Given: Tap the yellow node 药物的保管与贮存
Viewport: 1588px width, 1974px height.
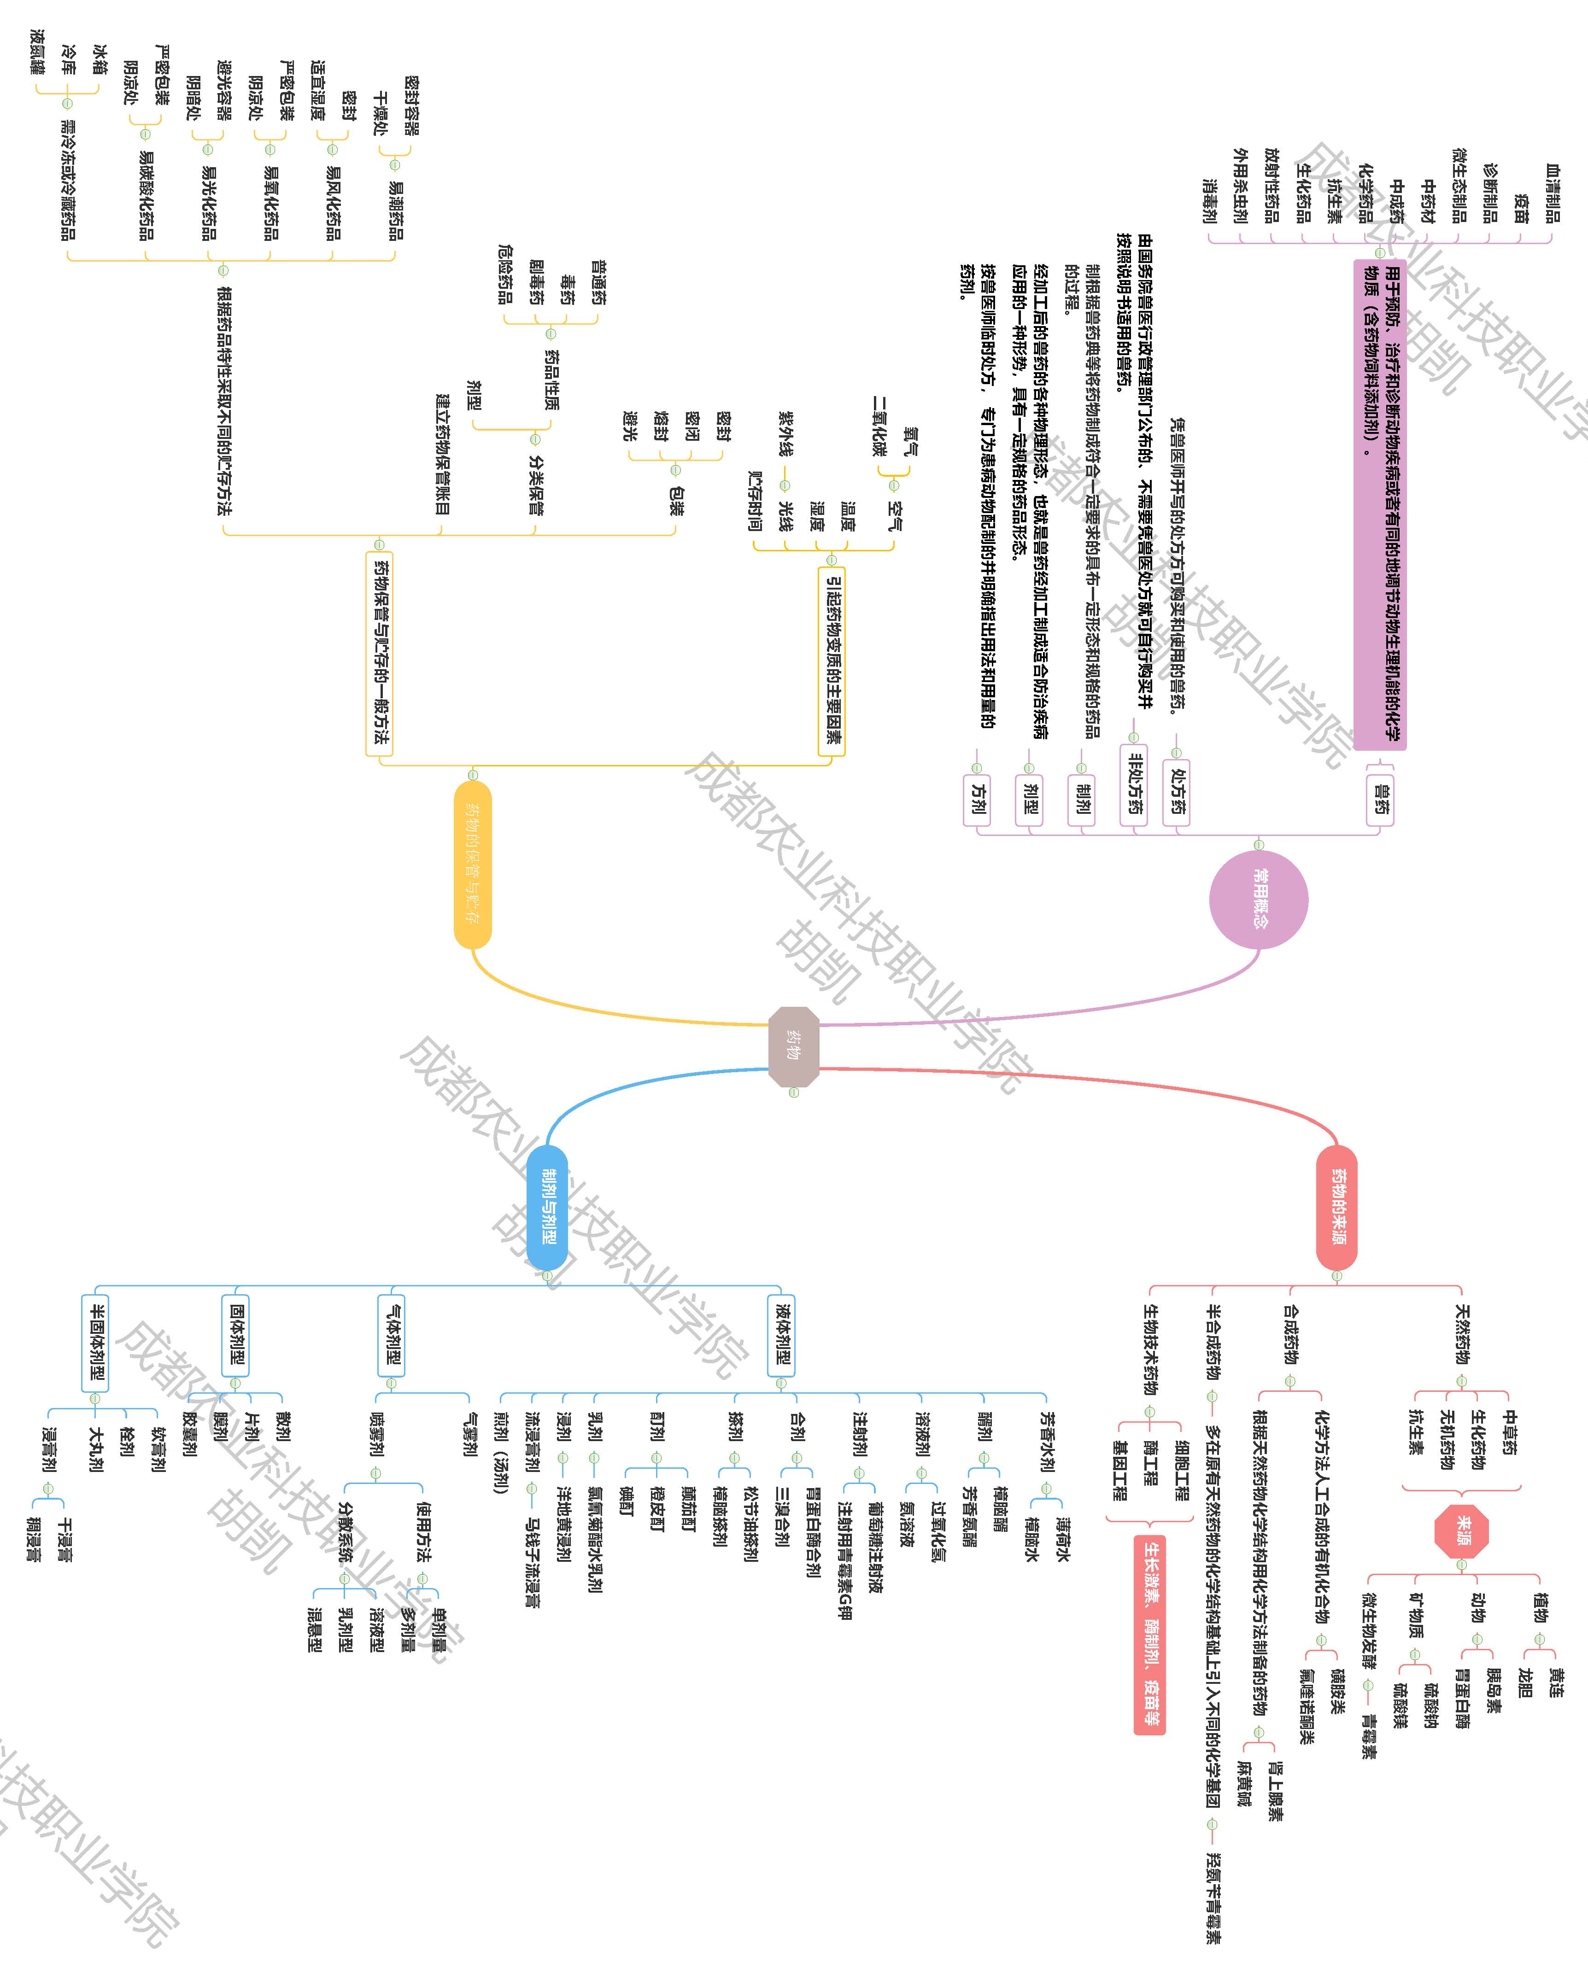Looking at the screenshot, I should tap(473, 864).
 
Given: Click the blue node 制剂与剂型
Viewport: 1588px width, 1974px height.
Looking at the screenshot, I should tap(548, 1207).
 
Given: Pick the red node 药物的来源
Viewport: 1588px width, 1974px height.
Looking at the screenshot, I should tap(1337, 1207).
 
